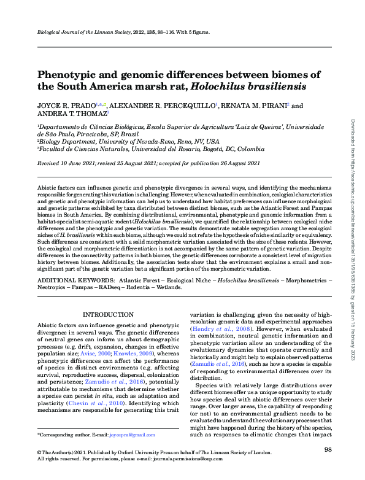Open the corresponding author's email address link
(136, 435)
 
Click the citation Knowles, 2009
(135, 354)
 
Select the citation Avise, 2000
(96, 354)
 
